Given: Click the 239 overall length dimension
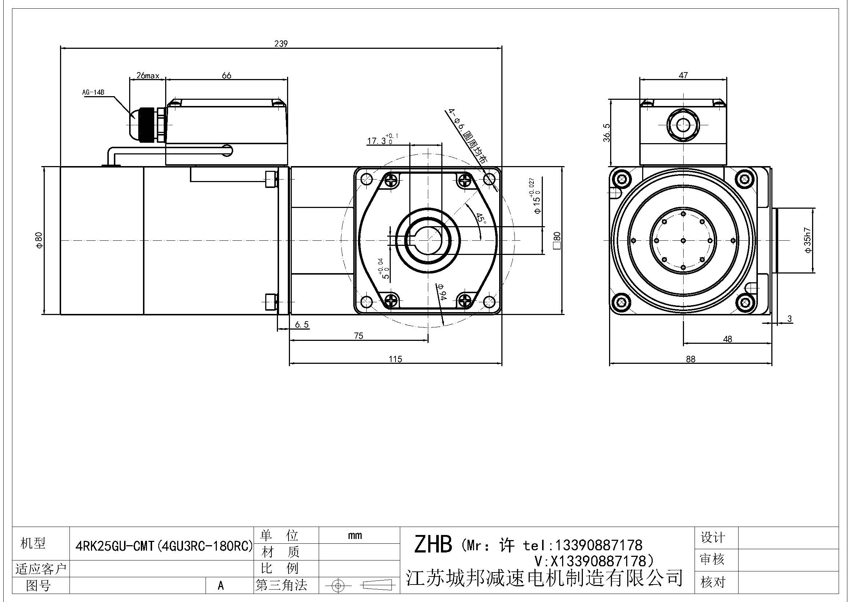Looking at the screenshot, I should click(281, 44).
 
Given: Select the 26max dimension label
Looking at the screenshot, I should click(147, 76).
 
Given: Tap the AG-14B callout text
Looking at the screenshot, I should click(93, 93).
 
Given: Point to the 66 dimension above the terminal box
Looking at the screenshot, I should click(226, 75).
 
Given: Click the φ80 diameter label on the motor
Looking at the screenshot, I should click(39, 241).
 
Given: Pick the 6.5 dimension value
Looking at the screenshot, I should click(302, 324).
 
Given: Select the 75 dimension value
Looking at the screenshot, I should click(358, 336).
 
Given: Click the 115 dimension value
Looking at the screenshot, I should click(395, 359).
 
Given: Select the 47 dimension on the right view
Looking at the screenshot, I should click(683, 75).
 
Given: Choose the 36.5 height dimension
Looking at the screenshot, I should click(607, 133).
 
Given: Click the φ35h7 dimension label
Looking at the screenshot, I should click(808, 240).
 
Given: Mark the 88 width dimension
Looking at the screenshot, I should click(691, 359).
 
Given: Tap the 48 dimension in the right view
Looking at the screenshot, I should click(728, 339).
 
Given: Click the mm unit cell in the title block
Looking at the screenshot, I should click(355, 535).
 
